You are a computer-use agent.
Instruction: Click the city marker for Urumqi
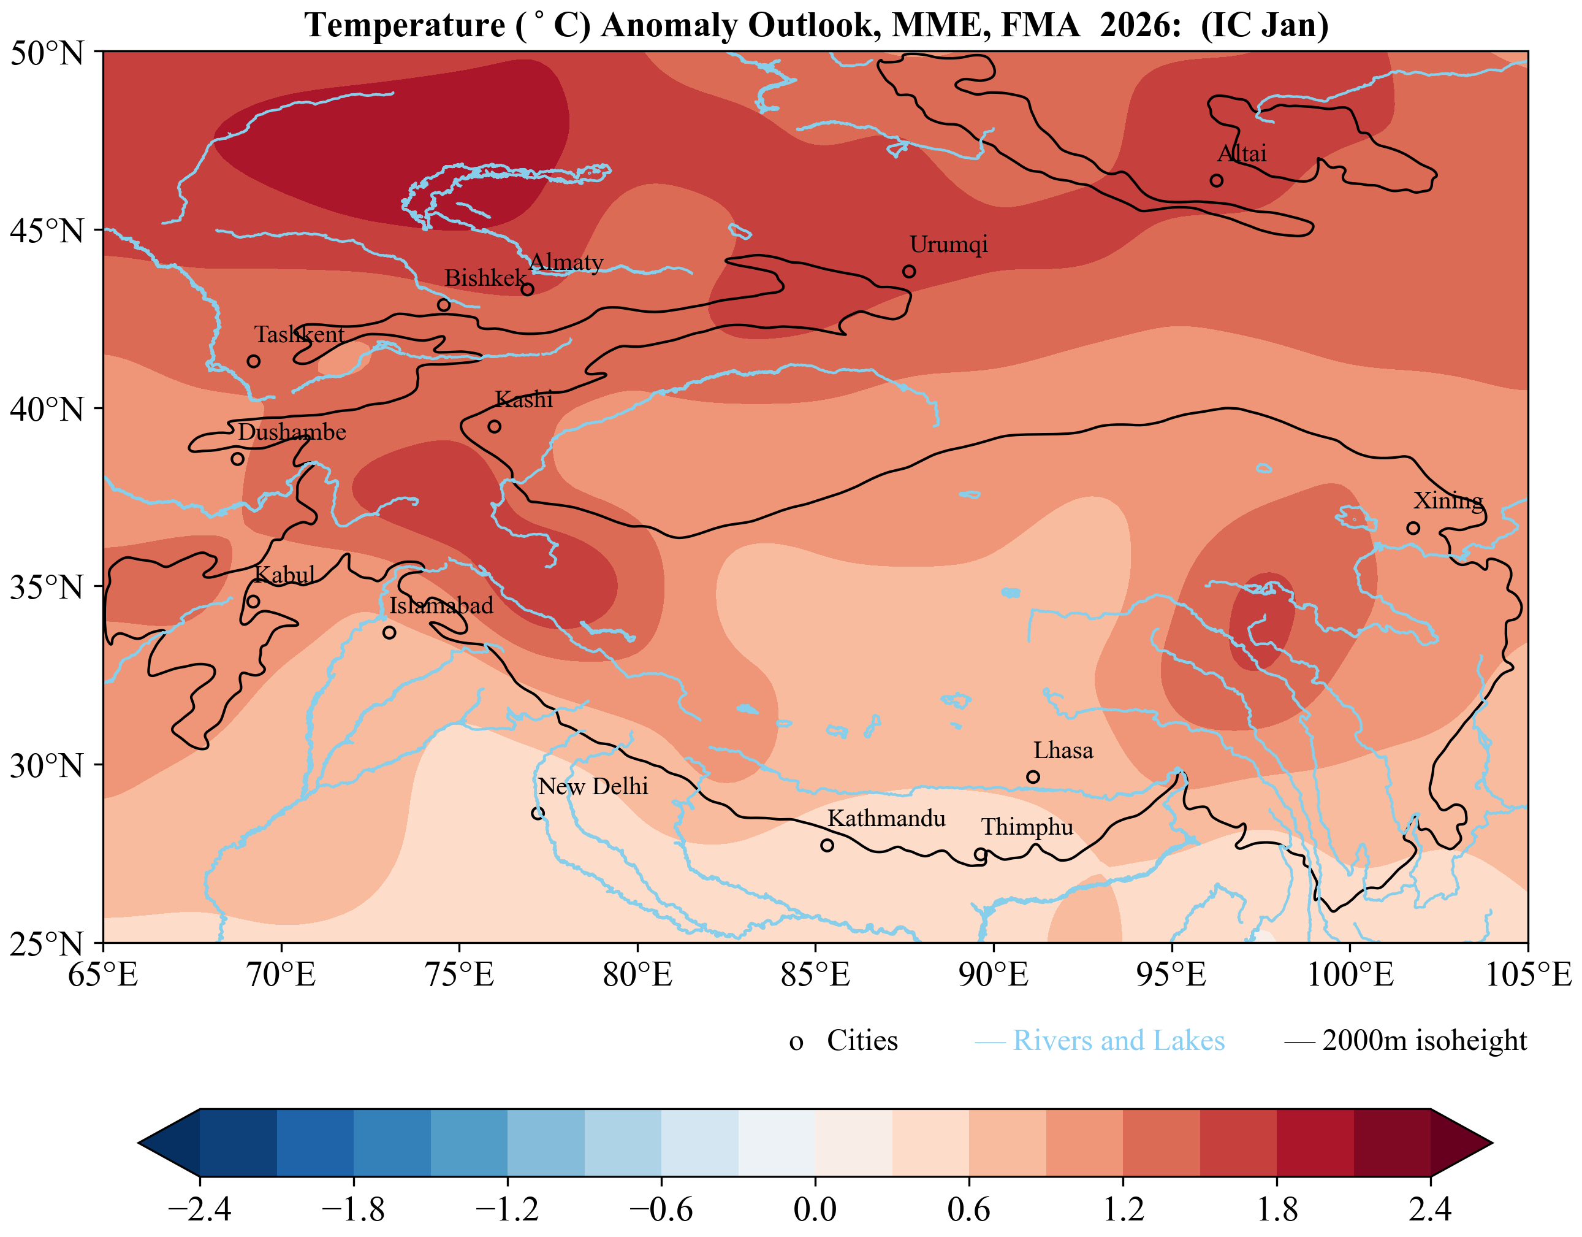click(x=909, y=271)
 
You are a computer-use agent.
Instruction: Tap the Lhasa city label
click(x=1063, y=750)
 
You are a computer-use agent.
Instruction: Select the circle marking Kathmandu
click(x=826, y=845)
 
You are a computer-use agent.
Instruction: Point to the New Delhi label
click(x=593, y=786)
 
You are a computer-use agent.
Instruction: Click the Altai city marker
click(x=1216, y=180)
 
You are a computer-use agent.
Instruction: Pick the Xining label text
click(x=1448, y=500)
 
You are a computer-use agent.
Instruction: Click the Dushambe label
click(x=292, y=432)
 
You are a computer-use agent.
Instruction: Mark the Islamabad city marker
click(x=389, y=633)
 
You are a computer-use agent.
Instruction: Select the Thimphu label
click(x=1027, y=827)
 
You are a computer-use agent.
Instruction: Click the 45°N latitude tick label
click(x=47, y=231)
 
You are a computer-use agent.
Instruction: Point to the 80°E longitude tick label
click(x=637, y=975)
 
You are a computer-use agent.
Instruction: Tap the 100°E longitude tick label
click(x=1350, y=975)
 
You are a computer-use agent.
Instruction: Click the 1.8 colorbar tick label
click(x=1276, y=1209)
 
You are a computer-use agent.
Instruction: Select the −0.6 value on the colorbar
click(x=661, y=1209)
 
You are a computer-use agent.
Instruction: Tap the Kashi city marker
click(x=494, y=426)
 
